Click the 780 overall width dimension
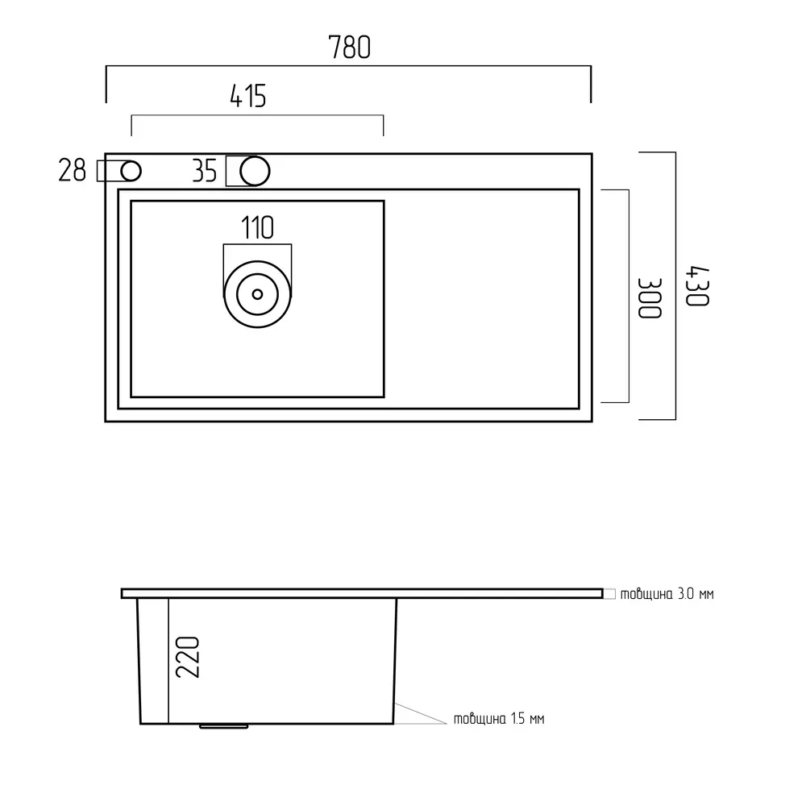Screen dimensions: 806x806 (x=350, y=48)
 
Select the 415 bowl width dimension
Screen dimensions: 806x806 (x=248, y=96)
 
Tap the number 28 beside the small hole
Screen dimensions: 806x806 (x=72, y=171)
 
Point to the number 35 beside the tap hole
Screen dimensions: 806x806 (x=205, y=171)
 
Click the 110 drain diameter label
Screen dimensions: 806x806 (x=258, y=228)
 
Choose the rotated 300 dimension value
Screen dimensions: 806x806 (x=649, y=298)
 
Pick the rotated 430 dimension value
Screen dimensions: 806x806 (x=697, y=286)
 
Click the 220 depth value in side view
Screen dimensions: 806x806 (x=188, y=658)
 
